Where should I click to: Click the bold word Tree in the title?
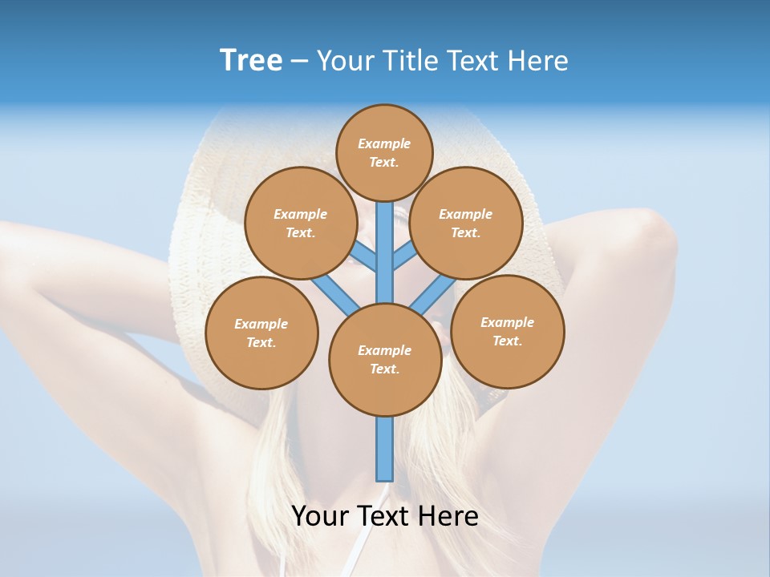[x=251, y=60]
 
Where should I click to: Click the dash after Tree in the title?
[x=299, y=61]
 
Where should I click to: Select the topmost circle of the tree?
[x=384, y=152]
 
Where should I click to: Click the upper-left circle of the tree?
[x=300, y=223]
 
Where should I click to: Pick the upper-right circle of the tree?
[x=466, y=223]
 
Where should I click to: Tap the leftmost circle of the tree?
[x=261, y=333]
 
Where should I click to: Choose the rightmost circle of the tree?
[x=508, y=331]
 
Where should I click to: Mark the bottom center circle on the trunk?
[x=385, y=359]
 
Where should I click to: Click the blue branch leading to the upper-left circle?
[x=363, y=256]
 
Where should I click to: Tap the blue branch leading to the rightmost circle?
[x=433, y=293]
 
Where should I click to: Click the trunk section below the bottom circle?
[x=385, y=449]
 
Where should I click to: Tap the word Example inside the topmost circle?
[x=384, y=143]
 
